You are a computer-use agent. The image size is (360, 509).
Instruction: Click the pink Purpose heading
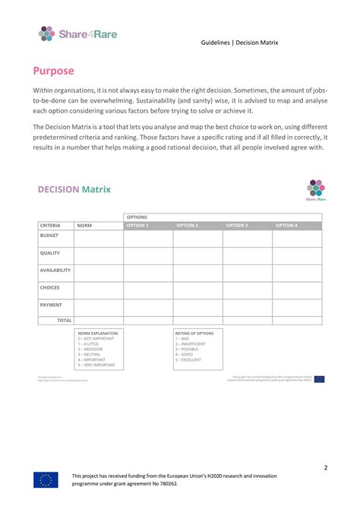point(53,71)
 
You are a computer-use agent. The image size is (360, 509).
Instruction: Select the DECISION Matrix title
point(74,189)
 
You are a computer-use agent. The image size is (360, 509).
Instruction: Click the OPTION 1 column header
point(137,226)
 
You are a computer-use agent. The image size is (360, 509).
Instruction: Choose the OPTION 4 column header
point(286,226)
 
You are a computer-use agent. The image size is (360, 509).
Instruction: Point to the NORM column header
point(85,226)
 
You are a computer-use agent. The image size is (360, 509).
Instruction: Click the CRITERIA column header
point(50,226)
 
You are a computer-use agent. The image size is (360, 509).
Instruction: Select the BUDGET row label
point(49,236)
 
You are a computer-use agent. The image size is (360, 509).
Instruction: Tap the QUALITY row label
point(50,253)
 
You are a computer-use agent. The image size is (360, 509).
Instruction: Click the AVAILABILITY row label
point(55,270)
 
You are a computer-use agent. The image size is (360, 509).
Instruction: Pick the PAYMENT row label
point(51,305)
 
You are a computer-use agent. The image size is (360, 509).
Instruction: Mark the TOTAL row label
point(65,321)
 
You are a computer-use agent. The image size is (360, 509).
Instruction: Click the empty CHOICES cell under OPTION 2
point(197,290)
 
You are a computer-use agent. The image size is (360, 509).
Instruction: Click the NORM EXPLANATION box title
point(96,333)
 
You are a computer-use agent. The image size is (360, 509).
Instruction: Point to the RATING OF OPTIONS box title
point(194,333)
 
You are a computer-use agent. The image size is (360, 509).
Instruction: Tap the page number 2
point(326,446)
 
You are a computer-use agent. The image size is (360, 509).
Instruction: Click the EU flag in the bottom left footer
point(46,479)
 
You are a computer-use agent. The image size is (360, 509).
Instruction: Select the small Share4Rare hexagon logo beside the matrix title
point(315,189)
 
